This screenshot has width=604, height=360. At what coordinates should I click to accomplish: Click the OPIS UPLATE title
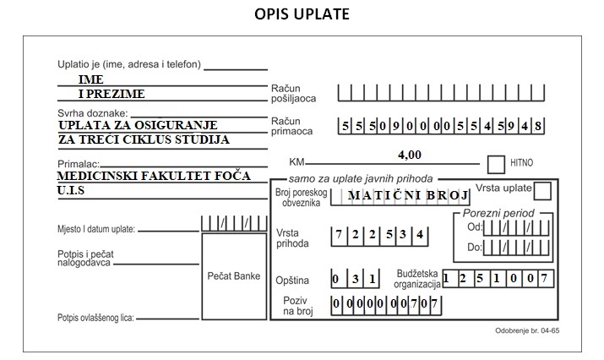point(302,14)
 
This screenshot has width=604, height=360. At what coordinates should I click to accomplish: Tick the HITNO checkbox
point(496,165)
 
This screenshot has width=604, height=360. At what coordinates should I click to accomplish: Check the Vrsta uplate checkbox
point(542,191)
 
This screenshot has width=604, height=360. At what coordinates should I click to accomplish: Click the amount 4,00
point(410,155)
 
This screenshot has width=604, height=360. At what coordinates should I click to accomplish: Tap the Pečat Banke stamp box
point(234,276)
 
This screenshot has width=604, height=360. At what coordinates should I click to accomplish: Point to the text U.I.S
point(70,190)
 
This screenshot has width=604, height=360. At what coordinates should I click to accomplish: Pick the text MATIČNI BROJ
point(408,195)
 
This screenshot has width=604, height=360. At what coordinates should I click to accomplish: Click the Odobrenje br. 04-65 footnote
point(527,330)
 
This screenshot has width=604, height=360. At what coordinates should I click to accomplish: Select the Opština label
point(292,281)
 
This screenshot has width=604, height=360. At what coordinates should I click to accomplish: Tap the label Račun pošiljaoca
point(293,93)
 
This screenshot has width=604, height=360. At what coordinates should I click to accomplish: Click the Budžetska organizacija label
point(416,279)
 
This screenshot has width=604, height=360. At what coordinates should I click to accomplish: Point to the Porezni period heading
point(498,213)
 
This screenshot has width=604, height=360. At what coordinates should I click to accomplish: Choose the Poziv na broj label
point(297,306)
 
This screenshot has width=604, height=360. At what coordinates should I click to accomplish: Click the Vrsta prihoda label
point(292,238)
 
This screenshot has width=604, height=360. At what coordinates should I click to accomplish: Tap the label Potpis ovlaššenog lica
point(95,318)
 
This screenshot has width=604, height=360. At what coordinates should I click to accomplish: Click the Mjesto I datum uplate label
point(96,229)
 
